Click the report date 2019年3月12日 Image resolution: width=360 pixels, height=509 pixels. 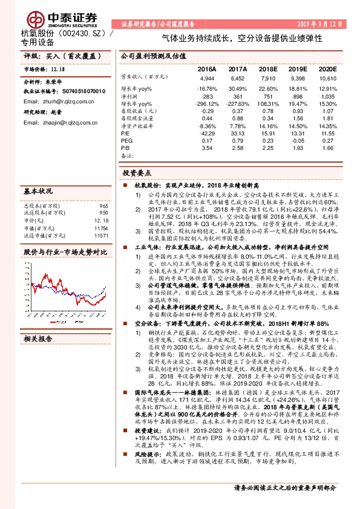coord(323,24)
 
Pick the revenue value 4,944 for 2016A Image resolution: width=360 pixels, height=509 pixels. coord(207,79)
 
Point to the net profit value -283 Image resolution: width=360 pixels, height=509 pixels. coord(208,96)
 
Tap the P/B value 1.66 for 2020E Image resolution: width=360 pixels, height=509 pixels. coord(327,148)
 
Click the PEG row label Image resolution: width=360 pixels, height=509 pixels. coord(126,140)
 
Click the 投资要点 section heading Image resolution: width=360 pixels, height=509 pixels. coord(139,172)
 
